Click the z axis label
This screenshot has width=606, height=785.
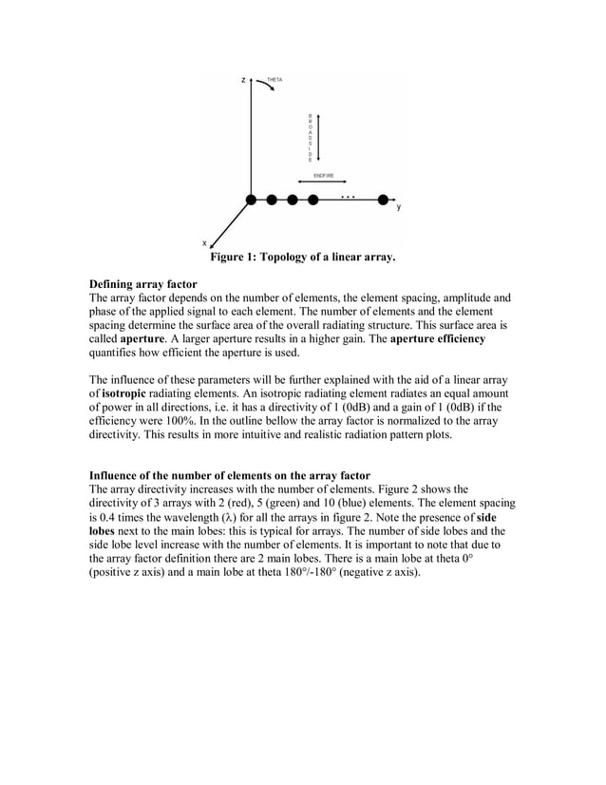pyautogui.click(x=243, y=79)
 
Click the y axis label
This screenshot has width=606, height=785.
pyautogui.click(x=399, y=206)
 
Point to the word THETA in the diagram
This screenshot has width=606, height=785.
pyautogui.click(x=275, y=79)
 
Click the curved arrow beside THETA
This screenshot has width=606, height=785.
pyautogui.click(x=265, y=85)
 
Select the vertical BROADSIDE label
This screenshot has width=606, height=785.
pyautogui.click(x=310, y=138)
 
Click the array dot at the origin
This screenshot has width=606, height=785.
pyautogui.click(x=251, y=200)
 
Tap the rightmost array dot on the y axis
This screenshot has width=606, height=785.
pyautogui.click(x=383, y=200)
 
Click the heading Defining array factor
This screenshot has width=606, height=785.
pyautogui.click(x=142, y=284)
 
